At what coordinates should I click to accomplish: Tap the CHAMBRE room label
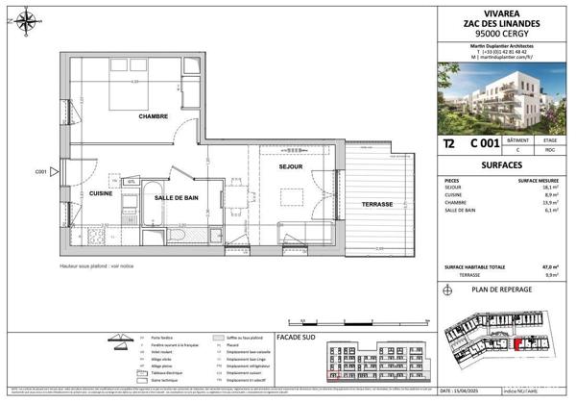click(x=153, y=116)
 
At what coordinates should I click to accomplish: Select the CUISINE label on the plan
click(x=102, y=193)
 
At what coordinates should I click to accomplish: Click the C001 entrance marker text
click(x=41, y=172)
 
